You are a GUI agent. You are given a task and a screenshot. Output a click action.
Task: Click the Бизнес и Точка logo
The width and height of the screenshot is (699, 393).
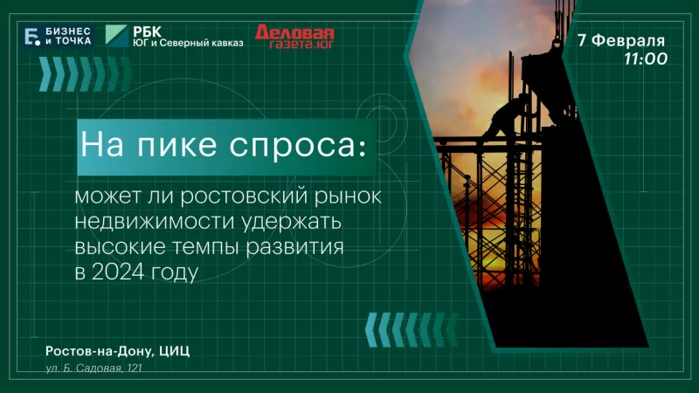coord(58,36)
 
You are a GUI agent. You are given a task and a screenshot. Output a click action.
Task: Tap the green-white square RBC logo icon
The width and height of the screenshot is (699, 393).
coord(116,36)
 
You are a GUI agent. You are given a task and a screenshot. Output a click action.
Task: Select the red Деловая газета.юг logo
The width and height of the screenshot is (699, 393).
coord(294,37)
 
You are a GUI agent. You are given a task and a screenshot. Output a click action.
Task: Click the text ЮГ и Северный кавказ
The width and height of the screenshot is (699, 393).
coord(188,43)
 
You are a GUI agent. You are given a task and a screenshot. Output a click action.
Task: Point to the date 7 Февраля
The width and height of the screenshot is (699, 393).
coord(621,40)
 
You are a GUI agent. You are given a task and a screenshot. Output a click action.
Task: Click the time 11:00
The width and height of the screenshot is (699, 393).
coord(646,59)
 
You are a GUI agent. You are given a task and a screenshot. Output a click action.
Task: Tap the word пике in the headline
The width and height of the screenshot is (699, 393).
coord(177,145)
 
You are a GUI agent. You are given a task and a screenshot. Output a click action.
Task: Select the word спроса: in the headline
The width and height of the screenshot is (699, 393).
coord(298,146)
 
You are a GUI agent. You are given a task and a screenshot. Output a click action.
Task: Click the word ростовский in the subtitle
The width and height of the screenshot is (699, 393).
coord(244,197)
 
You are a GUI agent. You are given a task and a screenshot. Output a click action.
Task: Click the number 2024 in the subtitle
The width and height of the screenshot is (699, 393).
coord(118,272)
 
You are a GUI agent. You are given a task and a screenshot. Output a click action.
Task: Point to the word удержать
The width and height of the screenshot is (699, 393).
coord(292,223)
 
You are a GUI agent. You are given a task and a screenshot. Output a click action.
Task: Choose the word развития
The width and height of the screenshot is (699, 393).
coord(295,247)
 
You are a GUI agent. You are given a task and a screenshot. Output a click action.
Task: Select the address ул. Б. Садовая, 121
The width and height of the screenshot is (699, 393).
coord(93,368)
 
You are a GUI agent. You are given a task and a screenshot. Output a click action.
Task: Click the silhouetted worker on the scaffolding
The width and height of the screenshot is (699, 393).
coord(506,117)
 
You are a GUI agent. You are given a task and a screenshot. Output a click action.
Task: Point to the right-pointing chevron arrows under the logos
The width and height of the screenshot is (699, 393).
coord(85,74)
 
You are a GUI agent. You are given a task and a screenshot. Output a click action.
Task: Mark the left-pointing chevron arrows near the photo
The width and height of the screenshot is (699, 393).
coord(412,330)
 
